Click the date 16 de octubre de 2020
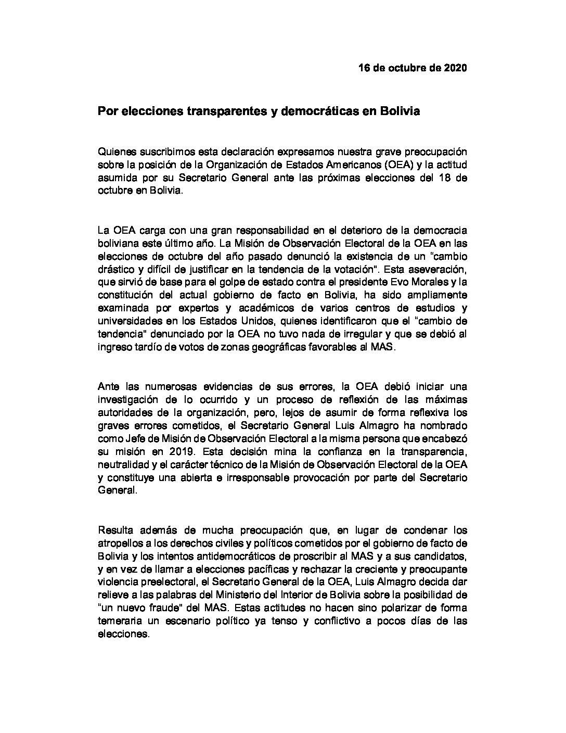click(413, 68)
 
